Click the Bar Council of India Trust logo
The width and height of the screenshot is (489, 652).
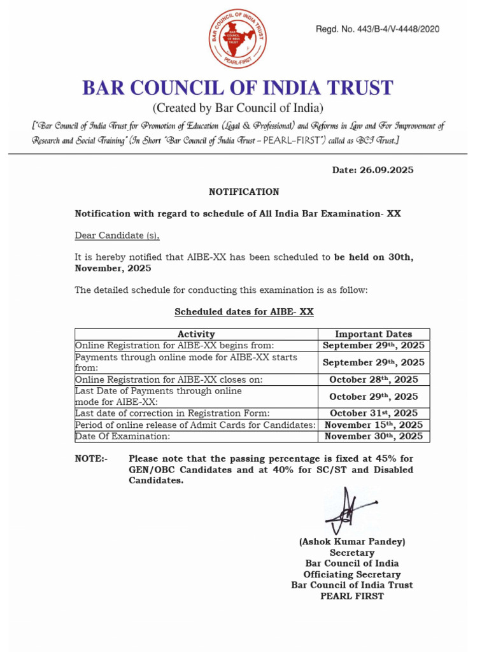(x=238, y=39)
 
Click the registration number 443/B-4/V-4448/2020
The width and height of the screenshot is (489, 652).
(x=378, y=29)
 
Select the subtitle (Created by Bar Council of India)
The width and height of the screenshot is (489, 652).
(x=237, y=108)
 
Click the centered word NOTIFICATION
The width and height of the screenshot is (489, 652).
(x=244, y=192)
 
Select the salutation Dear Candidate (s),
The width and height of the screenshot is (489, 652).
(x=117, y=236)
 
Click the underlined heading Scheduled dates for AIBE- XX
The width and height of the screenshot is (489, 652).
(x=244, y=312)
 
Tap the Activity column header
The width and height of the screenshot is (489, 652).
(x=196, y=334)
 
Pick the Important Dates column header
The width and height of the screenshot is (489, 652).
(x=374, y=334)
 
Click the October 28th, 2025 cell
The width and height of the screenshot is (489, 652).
(x=374, y=379)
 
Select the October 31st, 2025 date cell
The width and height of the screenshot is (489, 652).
(x=374, y=413)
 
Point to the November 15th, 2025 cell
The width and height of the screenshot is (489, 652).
(x=374, y=425)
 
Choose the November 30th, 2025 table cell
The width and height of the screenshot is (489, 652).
(x=374, y=436)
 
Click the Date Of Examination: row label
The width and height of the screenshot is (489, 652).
(x=123, y=436)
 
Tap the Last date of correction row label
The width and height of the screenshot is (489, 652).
(x=173, y=413)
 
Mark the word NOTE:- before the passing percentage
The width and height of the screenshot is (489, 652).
(x=92, y=458)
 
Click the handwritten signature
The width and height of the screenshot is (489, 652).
(x=348, y=511)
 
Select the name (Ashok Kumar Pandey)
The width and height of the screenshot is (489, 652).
(x=352, y=542)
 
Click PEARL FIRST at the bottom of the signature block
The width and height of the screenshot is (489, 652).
(x=352, y=596)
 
